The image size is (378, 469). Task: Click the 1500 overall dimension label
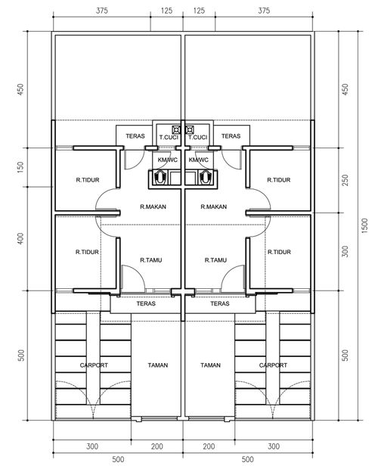tap(365, 226)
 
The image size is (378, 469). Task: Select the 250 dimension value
tap(345, 180)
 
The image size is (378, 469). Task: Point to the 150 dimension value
tap(20, 167)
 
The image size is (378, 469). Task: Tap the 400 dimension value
tap(20, 238)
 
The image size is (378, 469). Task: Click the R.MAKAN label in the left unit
tap(153, 207)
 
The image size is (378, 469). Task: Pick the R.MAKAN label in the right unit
tap(214, 207)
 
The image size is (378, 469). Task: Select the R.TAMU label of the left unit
tap(151, 260)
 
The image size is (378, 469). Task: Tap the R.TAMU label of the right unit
tap(215, 260)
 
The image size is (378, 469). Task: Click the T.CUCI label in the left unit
tap(169, 137)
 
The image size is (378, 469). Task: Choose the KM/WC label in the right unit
tap(198, 160)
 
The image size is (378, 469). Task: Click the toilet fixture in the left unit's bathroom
tap(161, 177)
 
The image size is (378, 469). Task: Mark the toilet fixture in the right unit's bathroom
tap(205, 177)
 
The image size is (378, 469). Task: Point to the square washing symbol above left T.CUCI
tap(176, 130)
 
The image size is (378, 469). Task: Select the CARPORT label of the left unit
tap(94, 365)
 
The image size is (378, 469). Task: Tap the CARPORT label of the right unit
tap(273, 365)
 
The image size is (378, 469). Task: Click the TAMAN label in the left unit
tap(158, 365)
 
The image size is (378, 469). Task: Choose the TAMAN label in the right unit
tap(211, 365)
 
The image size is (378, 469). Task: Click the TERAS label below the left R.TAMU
tap(146, 303)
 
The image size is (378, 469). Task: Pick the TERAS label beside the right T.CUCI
tap(231, 136)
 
